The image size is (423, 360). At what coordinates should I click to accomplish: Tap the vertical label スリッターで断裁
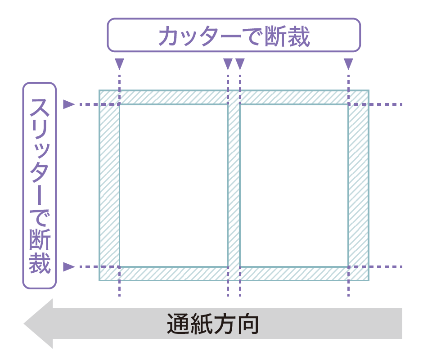(x=40, y=185)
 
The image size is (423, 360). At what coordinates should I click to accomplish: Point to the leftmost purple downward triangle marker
(x=119, y=63)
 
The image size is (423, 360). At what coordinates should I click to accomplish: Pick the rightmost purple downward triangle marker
(x=348, y=63)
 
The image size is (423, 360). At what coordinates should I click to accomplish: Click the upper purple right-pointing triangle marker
(x=68, y=104)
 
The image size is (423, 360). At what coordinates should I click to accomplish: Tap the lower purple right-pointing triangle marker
(x=68, y=266)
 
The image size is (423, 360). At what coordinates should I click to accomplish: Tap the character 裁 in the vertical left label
(x=40, y=263)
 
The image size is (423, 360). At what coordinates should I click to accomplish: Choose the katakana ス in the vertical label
(x=40, y=108)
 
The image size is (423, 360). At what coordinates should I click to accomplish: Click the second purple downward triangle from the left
(x=228, y=63)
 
